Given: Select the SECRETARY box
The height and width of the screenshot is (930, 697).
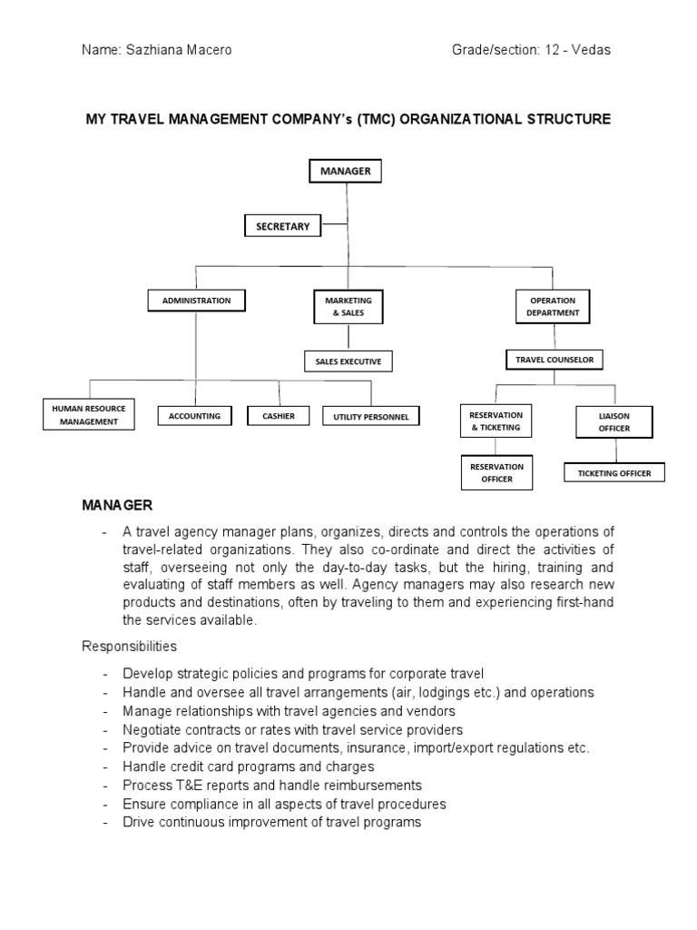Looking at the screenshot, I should coord(283,226).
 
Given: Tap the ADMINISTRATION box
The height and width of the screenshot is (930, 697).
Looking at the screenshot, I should coord(196,300).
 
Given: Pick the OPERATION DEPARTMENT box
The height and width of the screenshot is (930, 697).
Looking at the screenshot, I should coord(553,307).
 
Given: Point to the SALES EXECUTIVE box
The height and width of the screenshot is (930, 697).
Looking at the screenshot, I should coord(348,361).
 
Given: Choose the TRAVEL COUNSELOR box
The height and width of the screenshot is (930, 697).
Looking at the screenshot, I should coord(554,360).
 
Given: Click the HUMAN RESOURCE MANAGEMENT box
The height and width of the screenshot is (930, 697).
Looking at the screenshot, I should coord(89,415).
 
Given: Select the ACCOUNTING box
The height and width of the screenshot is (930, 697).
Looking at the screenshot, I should coord(195,416).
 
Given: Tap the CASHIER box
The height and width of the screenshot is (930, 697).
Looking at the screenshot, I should coord(279,416).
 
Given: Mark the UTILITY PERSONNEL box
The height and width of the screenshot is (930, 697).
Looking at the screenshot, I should coord(371,417).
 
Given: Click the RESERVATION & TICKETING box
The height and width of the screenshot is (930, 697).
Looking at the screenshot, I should coord(495,421).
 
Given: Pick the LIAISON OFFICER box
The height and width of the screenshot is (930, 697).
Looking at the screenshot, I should coord(614,422).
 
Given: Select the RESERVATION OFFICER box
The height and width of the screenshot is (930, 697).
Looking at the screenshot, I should coord(496,472).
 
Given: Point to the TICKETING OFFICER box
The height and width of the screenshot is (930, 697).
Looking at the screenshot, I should coord(614,473).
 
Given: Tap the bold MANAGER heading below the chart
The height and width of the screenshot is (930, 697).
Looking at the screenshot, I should coord(118,504).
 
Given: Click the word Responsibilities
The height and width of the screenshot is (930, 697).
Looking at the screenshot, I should coord(130,647).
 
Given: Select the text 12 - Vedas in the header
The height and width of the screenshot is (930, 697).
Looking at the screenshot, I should coord(578,50).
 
